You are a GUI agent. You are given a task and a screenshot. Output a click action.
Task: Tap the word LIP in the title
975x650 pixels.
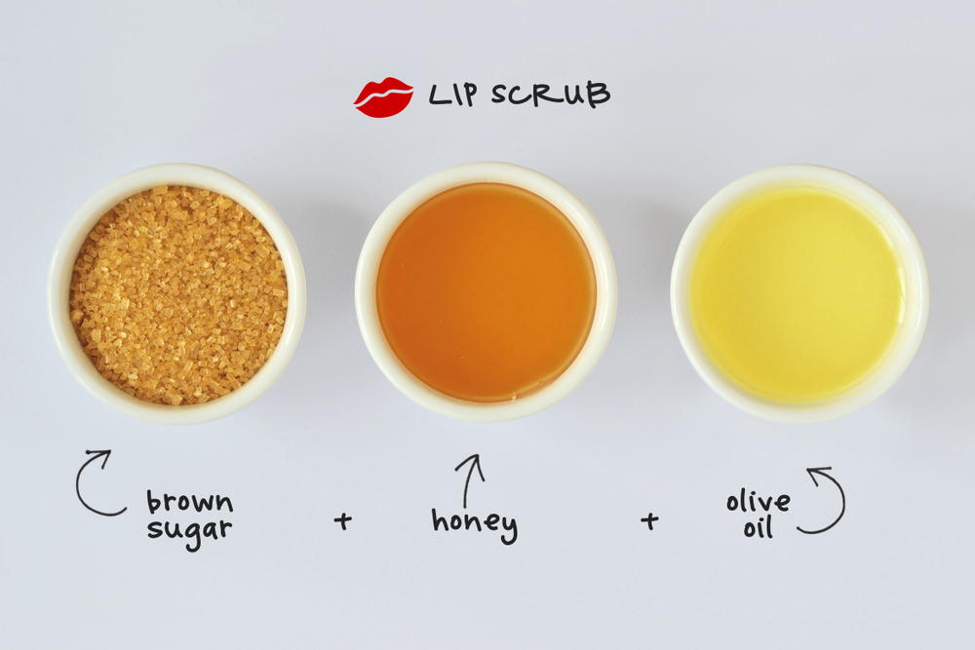453,96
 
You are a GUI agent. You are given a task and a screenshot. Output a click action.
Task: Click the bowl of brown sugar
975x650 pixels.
177,292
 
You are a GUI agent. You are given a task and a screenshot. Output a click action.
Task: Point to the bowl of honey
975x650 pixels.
486,292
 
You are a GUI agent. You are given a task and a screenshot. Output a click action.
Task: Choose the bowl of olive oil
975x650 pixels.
798,292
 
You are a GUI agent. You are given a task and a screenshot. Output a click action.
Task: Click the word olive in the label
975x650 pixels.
758,503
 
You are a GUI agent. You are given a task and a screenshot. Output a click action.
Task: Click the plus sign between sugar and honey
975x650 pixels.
342,521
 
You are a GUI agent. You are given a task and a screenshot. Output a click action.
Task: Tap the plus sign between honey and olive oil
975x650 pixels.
649,521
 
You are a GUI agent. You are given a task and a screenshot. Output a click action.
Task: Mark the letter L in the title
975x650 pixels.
437,96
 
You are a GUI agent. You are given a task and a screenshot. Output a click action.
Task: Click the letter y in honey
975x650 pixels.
506,528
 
